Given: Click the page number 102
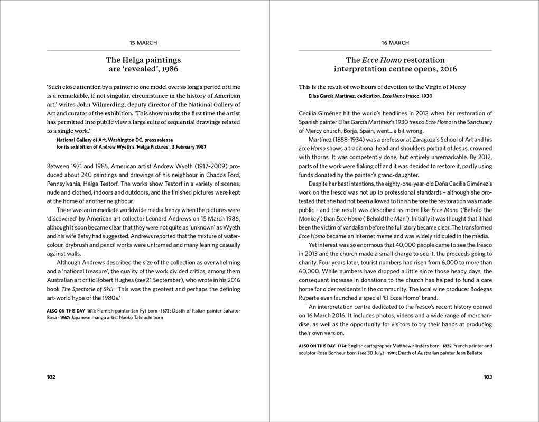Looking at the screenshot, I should pos(51,377).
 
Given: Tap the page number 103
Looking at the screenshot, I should pos(488,377).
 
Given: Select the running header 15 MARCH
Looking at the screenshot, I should pos(144,43).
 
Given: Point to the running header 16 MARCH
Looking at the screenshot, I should pos(395,43).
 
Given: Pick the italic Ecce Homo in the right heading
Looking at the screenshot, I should pos(382,60).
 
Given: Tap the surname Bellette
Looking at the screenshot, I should pos(471,353).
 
